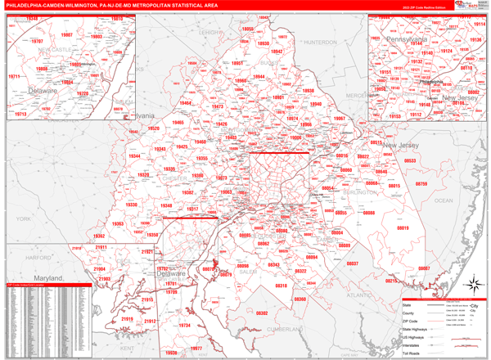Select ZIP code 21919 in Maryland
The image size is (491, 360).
(x=127, y=318)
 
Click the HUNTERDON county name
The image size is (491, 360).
(x=318, y=42)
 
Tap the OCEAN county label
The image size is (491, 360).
(x=443, y=200)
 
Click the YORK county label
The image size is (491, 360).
(x=22, y=219)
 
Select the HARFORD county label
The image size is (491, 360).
(x=38, y=257)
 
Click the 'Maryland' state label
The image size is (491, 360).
(x=48, y=278)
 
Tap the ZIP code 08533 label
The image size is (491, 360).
(x=409, y=161)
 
